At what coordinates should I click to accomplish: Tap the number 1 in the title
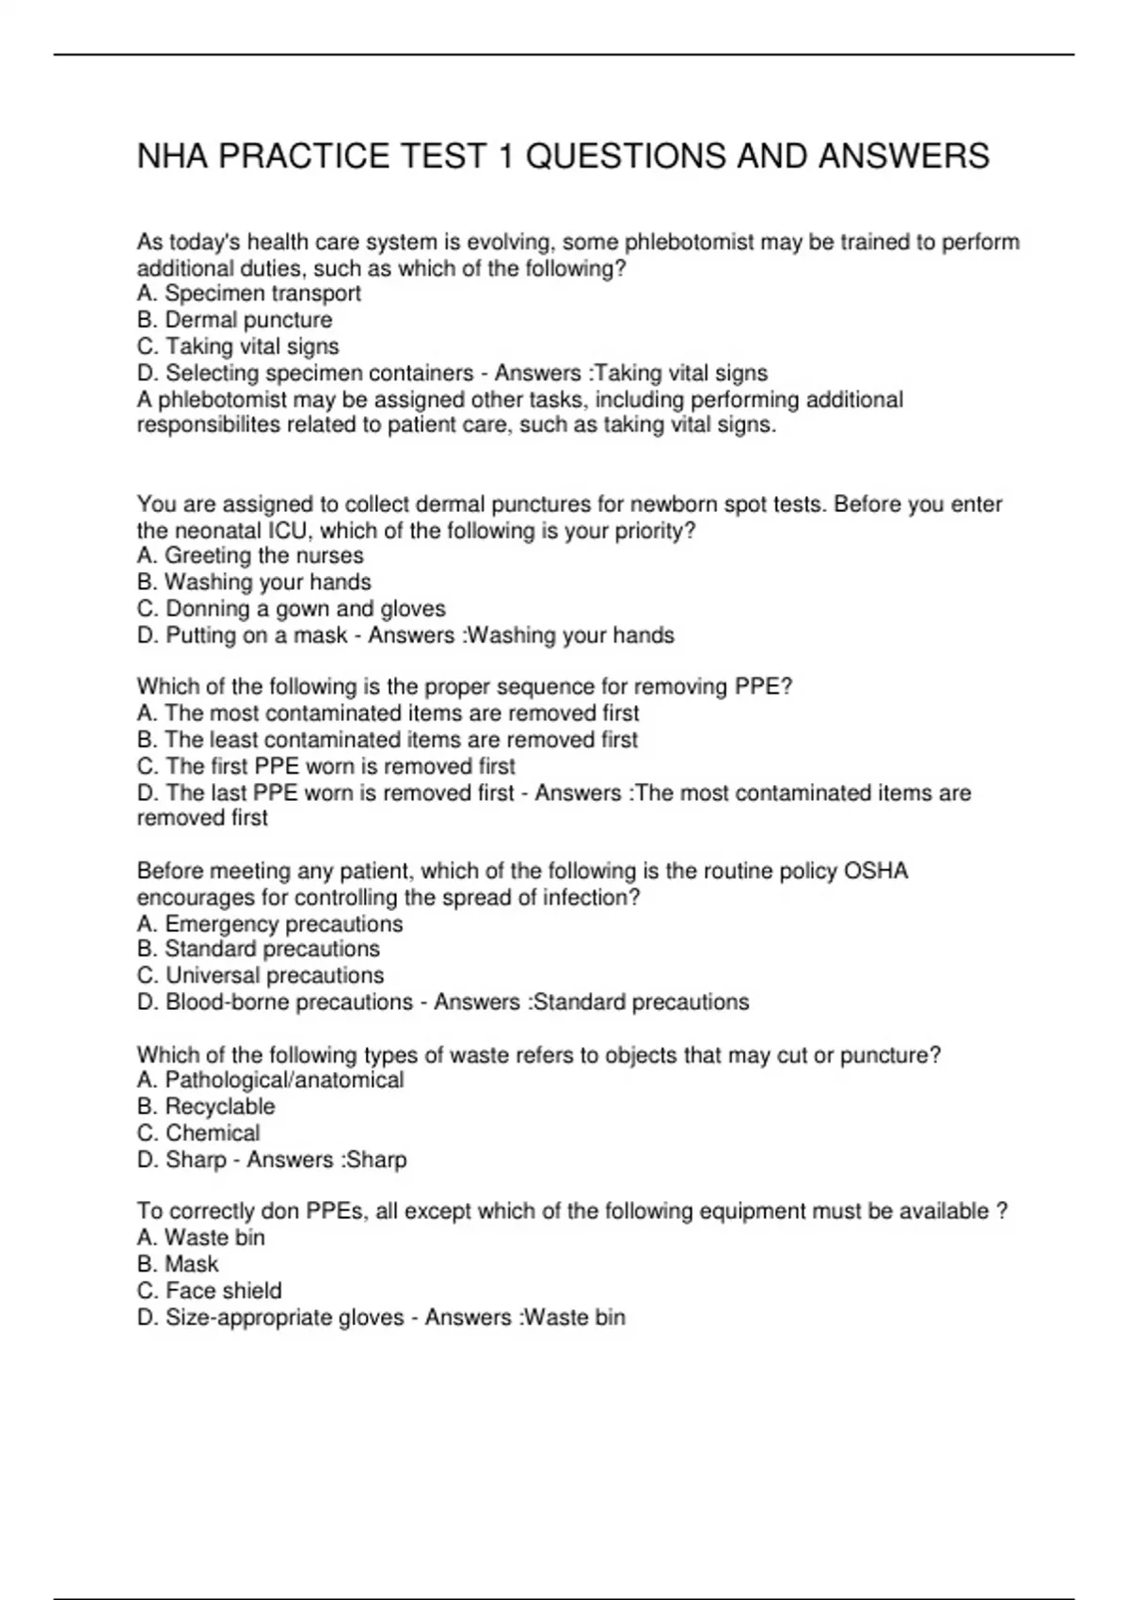pyautogui.click(x=505, y=156)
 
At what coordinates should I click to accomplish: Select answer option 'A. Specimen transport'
pyautogui.click(x=248, y=294)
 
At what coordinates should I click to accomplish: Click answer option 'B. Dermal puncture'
pyautogui.click(x=234, y=320)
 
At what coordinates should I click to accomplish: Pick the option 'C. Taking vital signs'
pyautogui.click(x=237, y=346)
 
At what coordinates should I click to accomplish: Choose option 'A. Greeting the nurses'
pyautogui.click(x=249, y=556)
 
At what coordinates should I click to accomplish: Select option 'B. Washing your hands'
pyautogui.click(x=254, y=583)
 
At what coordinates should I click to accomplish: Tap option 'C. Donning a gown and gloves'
pyautogui.click(x=291, y=609)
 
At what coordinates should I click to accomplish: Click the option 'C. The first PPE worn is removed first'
pyautogui.click(x=326, y=766)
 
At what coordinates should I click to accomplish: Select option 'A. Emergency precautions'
pyautogui.click(x=269, y=924)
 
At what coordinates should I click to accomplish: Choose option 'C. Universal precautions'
pyautogui.click(x=260, y=976)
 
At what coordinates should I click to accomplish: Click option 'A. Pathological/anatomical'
pyautogui.click(x=270, y=1080)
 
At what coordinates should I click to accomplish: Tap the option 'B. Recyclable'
pyautogui.click(x=206, y=1107)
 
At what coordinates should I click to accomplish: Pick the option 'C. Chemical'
pyautogui.click(x=198, y=1133)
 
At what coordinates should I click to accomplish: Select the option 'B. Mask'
pyautogui.click(x=177, y=1264)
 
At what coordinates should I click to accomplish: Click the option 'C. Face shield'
pyautogui.click(x=209, y=1290)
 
